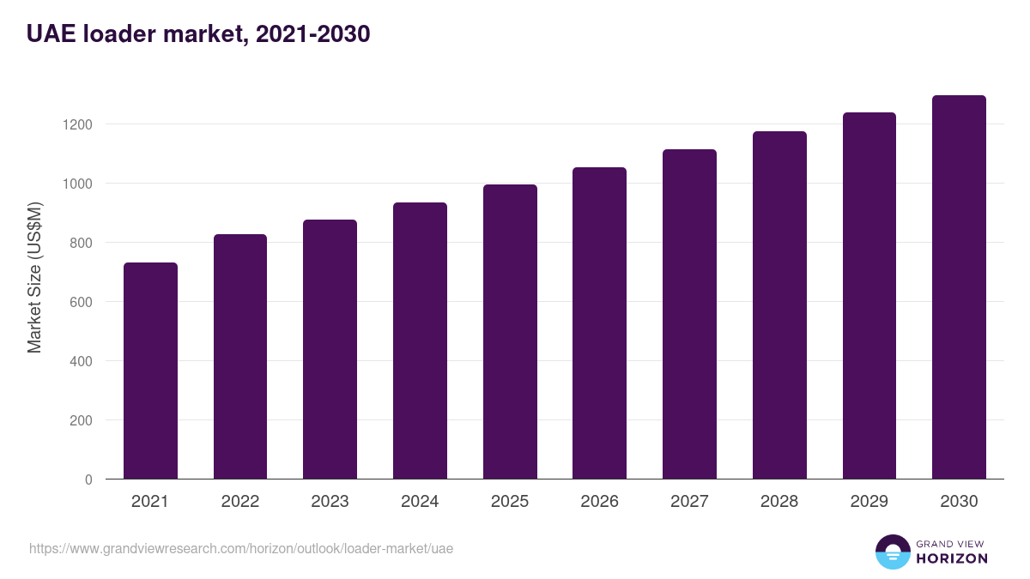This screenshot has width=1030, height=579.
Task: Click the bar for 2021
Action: pos(150,371)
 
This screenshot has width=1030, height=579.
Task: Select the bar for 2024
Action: pos(420,341)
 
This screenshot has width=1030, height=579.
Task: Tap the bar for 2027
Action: pos(689,314)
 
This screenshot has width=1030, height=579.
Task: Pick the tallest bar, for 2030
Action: pos(959,287)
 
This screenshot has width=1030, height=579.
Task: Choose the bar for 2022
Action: pos(240,357)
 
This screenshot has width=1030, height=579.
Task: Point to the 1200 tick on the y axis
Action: pos(76,124)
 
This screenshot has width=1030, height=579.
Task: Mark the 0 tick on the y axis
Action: pos(88,479)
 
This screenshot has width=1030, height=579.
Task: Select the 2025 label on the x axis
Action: pos(510,502)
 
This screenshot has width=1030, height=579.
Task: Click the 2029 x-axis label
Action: pos(869,502)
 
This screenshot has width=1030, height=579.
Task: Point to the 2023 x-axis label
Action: pos(330,502)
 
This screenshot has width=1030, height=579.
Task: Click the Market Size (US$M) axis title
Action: pos(34,277)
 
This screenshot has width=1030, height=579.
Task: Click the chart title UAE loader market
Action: pos(198,33)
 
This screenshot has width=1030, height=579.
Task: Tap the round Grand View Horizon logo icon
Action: pos(892,552)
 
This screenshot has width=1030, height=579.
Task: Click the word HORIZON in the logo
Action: pos(952,558)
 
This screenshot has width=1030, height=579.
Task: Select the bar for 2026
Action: pos(599,323)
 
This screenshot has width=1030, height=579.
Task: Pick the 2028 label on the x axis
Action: pos(779,502)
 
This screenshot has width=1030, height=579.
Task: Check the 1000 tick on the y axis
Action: pos(76,184)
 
